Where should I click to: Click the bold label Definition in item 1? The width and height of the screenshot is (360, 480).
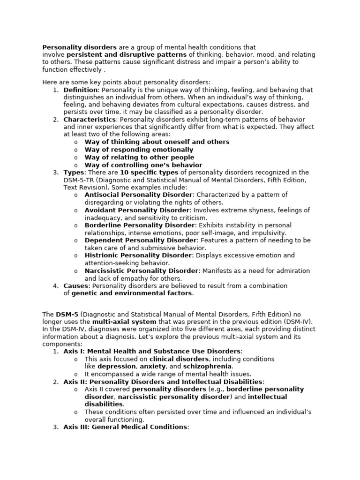click(x=81, y=90)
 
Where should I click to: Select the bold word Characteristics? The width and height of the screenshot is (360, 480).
click(x=90, y=120)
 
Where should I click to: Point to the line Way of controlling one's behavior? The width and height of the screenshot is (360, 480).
click(x=143, y=165)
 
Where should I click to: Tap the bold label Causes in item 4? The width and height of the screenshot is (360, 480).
click(x=76, y=285)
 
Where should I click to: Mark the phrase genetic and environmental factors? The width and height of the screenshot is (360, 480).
click(x=132, y=293)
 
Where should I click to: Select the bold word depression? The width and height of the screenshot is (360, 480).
click(x=117, y=366)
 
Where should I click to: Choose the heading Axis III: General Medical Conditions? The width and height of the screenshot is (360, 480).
click(x=126, y=427)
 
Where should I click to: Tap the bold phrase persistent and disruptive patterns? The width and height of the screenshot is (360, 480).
click(x=127, y=55)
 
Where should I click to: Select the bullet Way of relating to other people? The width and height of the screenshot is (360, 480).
click(x=139, y=157)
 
